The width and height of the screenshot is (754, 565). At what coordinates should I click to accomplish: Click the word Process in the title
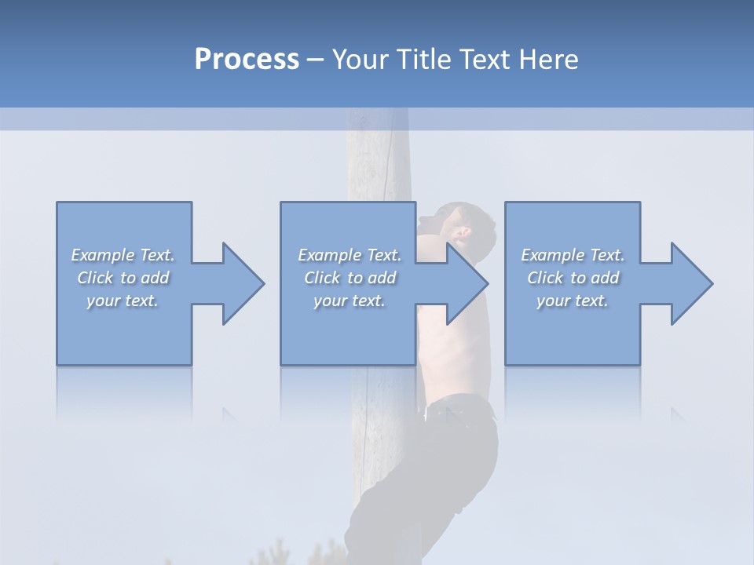pos(247,60)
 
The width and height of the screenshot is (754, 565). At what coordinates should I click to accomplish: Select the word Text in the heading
pos(484,60)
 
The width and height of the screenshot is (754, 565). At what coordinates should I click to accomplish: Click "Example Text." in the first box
pos(123,255)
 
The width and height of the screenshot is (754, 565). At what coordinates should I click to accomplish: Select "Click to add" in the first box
pos(123,278)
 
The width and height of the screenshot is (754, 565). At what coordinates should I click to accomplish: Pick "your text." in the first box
pos(123,301)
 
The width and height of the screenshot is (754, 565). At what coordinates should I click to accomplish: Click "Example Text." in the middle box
pos(350,255)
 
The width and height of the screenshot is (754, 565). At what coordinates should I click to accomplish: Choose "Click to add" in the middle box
pos(350,278)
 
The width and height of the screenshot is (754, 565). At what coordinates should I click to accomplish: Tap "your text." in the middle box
pos(350,301)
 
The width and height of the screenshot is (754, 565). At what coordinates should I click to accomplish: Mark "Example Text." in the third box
pos(573,255)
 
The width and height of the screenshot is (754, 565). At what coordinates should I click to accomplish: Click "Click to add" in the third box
pos(573,278)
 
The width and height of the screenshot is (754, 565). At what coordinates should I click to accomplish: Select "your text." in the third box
pos(573,301)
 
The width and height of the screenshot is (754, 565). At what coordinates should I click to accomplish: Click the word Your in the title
pos(359,60)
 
